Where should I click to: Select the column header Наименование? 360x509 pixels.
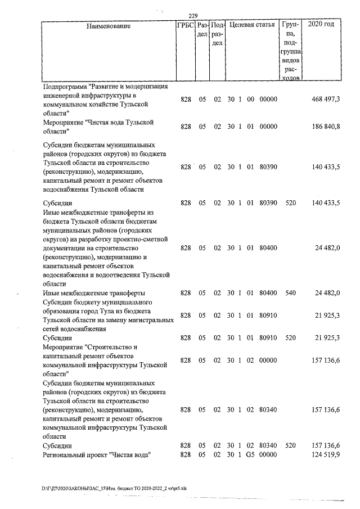109,26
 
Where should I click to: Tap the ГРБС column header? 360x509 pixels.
186,25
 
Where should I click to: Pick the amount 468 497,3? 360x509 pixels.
326,99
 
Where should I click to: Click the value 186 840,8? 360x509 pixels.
326,127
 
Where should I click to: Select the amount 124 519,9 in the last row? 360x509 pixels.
326,454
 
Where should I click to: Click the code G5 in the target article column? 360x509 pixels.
251,454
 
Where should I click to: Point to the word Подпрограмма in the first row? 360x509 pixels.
66,87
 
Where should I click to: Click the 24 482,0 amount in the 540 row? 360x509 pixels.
327,293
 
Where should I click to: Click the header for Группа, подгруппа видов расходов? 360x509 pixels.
290,51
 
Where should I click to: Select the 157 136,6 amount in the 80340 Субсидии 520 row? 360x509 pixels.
326,445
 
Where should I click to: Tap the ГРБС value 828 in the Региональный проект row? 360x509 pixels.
186,454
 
